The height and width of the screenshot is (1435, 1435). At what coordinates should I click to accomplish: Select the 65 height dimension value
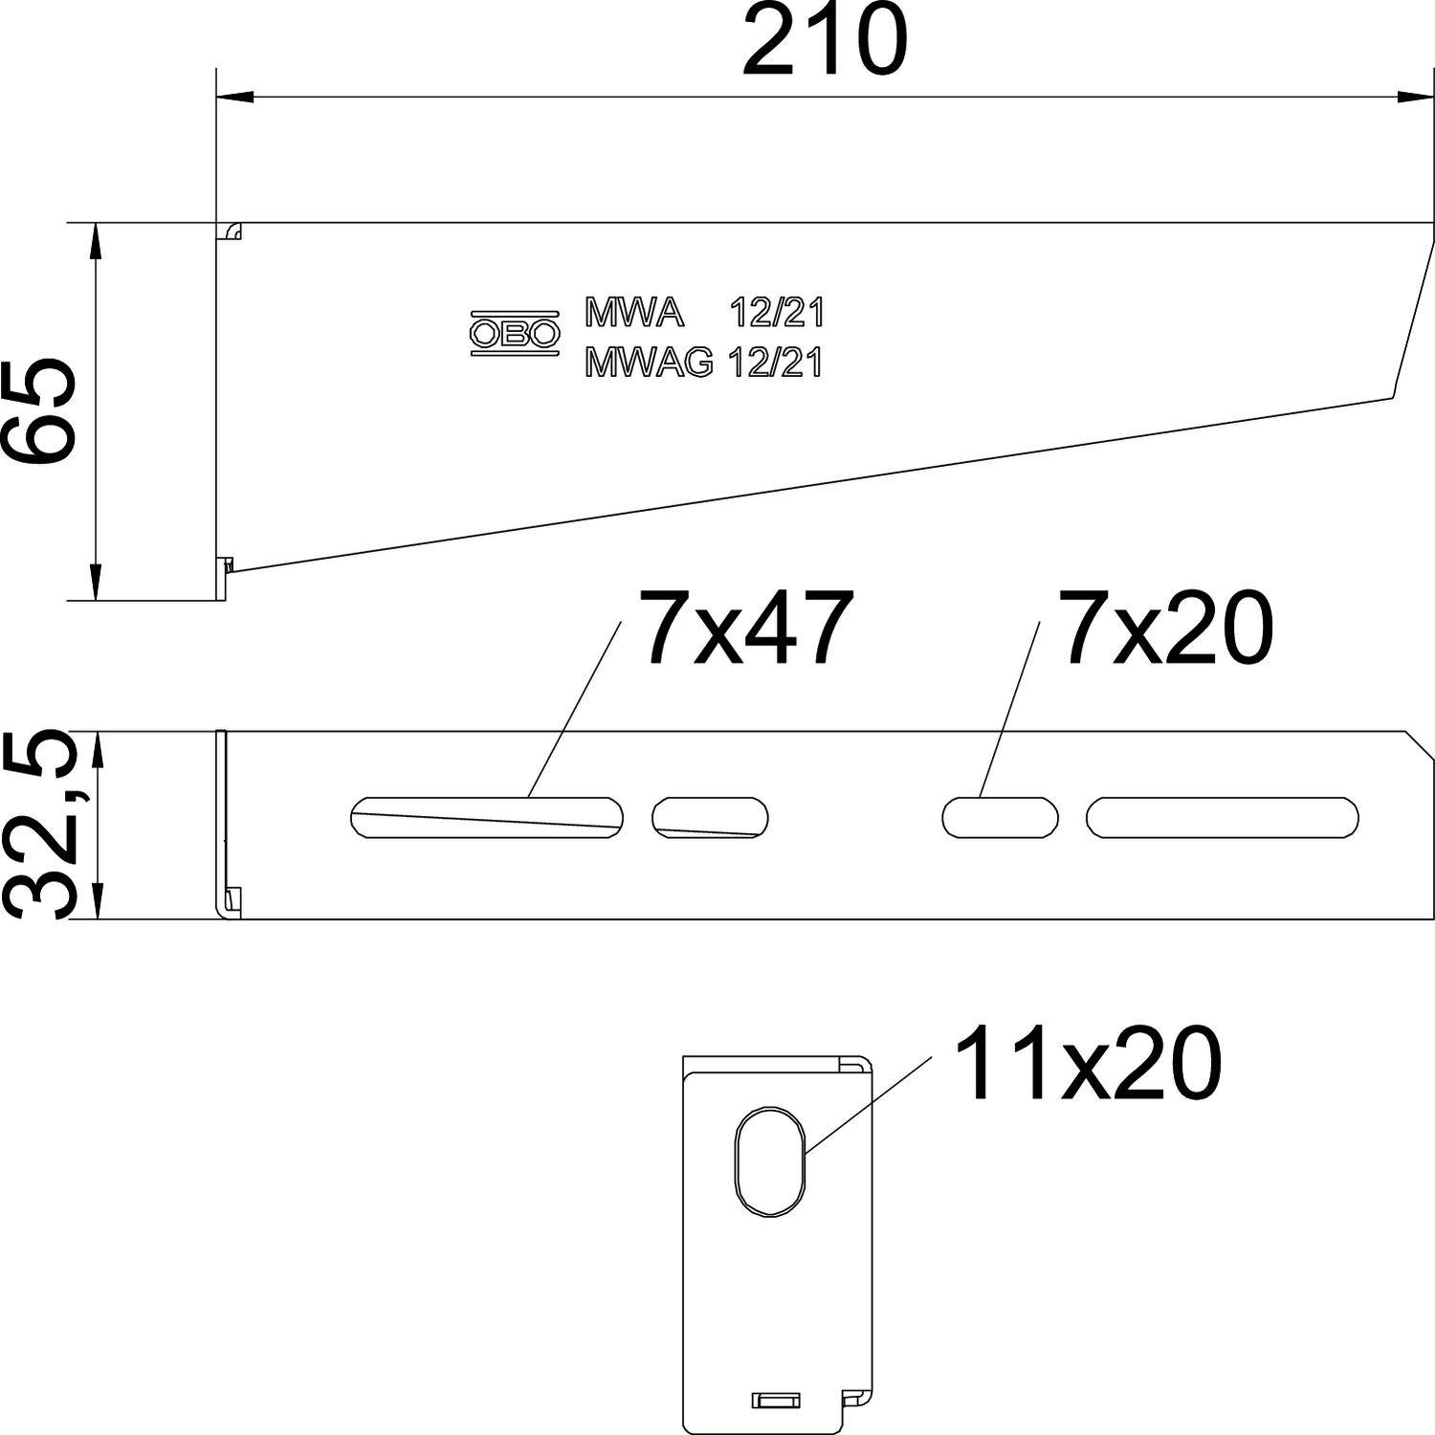pyautogui.click(x=38, y=411)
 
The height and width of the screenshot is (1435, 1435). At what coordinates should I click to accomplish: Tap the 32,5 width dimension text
pyautogui.click(x=38, y=825)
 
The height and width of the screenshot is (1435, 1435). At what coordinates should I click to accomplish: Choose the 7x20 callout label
pyautogui.click(x=1165, y=629)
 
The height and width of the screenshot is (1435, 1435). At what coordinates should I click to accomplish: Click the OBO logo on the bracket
pyautogui.click(x=514, y=333)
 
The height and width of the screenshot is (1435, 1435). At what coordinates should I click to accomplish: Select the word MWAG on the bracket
pyautogui.click(x=649, y=363)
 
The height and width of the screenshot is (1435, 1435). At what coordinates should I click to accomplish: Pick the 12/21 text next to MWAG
pyautogui.click(x=775, y=363)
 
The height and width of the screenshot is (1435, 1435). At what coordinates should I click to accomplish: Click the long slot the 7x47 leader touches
pyautogui.click(x=487, y=817)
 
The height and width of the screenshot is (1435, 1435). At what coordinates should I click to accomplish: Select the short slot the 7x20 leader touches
pyautogui.click(x=1000, y=817)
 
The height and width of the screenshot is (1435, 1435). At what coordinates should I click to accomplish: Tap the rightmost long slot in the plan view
pyautogui.click(x=1222, y=817)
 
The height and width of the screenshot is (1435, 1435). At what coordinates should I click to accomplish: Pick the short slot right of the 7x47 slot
pyautogui.click(x=710, y=817)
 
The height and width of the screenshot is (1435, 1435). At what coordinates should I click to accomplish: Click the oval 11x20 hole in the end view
pyautogui.click(x=770, y=1162)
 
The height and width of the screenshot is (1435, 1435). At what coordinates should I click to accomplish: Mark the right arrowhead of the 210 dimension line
pyautogui.click(x=1416, y=97)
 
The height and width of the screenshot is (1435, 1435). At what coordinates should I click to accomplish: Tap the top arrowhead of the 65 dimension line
pyautogui.click(x=96, y=239)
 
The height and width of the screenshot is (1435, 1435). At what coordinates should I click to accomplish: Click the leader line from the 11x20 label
pyautogui.click(x=866, y=1104)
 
